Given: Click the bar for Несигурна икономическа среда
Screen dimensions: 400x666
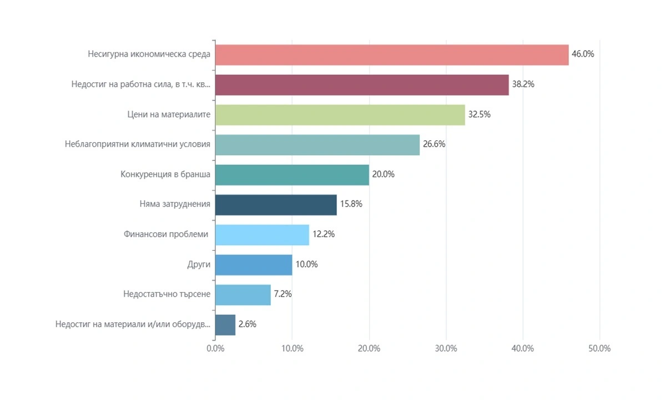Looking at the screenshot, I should pos(392,54).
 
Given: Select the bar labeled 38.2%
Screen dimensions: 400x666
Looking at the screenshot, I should pos(362,84).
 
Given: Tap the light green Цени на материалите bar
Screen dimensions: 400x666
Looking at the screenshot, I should pos(340,114).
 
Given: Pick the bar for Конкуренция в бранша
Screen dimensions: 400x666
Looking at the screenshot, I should pos(292,174).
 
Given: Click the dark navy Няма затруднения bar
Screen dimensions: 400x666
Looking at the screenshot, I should pos(276,204).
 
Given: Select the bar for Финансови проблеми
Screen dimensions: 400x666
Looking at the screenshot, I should pos(262,234).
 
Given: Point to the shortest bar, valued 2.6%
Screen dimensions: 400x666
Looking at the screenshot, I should pos(225,324).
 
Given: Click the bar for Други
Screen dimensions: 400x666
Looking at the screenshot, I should pos(254,264).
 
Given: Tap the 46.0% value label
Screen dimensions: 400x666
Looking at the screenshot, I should pos(583,54).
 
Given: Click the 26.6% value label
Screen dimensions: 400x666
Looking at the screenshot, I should pos(434,144).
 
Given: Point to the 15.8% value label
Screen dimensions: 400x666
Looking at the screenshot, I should pos(351,204).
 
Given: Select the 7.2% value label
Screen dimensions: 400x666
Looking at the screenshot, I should pos(282,294).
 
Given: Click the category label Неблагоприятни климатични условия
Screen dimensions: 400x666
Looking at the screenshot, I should pos(138,144).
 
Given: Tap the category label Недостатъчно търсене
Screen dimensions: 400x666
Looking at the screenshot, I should pos(167,294).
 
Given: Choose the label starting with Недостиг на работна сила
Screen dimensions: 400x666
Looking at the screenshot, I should pos(141,84).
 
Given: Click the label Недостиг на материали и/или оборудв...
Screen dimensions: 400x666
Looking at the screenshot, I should pos(133,324).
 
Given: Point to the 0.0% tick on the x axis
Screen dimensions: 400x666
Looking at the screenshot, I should pos(215,349).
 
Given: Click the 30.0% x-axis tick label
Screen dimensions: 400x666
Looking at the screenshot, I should pos(446,349).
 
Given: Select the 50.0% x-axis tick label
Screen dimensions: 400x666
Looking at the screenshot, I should pos(599,349).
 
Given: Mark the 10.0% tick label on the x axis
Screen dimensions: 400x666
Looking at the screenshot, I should pos(292,349).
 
